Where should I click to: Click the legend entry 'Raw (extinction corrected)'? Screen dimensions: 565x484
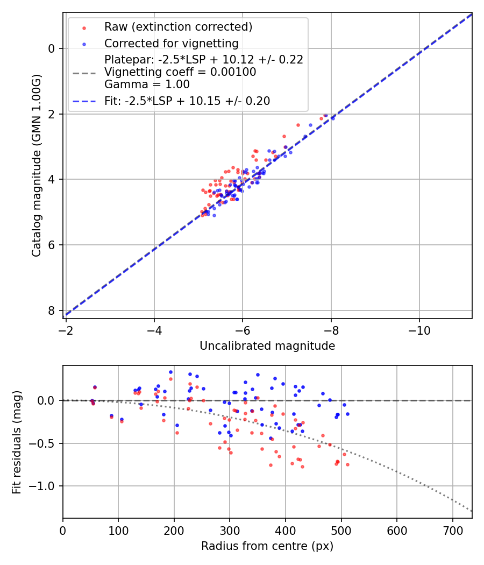(178, 27)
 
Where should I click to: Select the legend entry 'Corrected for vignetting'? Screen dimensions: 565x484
(171, 43)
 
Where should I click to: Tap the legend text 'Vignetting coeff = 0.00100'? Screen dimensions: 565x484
(180, 72)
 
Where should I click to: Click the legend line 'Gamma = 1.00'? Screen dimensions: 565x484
(147, 84)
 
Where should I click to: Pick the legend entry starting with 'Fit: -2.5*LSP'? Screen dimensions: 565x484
(187, 101)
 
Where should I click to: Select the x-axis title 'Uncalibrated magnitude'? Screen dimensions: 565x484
(267, 346)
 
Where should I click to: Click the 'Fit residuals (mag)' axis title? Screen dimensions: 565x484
(17, 442)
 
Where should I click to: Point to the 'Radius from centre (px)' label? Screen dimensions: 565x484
(267, 546)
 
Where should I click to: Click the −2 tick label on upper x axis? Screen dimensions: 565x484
(66, 330)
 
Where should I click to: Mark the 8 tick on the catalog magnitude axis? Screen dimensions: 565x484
(52, 311)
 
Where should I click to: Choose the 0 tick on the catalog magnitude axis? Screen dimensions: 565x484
(52, 48)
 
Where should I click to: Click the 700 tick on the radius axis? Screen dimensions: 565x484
(452, 529)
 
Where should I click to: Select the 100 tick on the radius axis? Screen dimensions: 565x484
(118, 529)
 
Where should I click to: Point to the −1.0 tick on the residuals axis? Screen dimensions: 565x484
(46, 486)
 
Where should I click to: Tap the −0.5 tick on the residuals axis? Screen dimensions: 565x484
(46, 443)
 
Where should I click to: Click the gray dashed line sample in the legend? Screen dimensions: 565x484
(84, 72)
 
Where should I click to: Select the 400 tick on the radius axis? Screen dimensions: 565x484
(286, 529)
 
